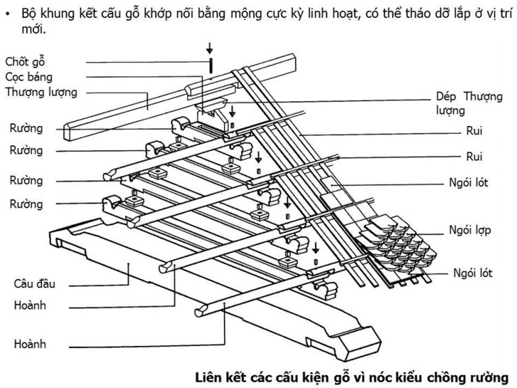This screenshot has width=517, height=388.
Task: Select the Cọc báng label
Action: [x=29, y=77]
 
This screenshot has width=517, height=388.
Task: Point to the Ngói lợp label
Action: [x=470, y=229]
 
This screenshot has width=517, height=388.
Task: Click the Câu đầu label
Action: [x=34, y=283]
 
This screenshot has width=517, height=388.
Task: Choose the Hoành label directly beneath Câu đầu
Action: [x=30, y=306]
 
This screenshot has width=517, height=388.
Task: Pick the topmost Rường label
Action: [x=26, y=129]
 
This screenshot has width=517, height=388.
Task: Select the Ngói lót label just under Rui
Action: [x=469, y=183]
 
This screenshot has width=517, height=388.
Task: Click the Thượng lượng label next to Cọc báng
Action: [x=41, y=92]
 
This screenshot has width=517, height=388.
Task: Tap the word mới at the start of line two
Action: [x=32, y=30]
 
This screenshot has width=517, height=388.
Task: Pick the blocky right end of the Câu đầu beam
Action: [x=358, y=342]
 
